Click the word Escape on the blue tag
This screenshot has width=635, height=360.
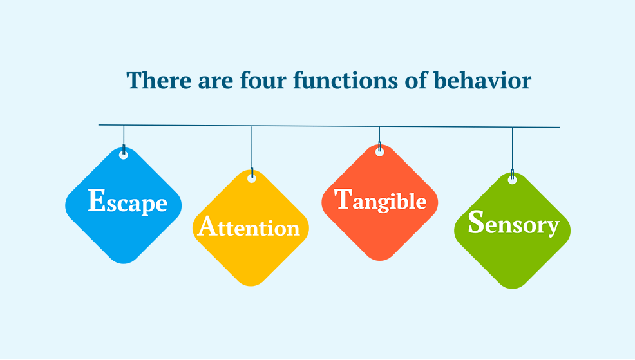pos(128,202)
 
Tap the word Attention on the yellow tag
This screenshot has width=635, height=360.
pos(249,227)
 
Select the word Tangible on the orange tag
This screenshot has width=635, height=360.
pos(381,200)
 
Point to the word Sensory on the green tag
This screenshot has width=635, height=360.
pos(513,224)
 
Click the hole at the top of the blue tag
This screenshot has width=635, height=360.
pos(124,155)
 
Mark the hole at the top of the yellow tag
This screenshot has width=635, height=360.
pos(252,178)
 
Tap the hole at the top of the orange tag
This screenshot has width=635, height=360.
pos(379,153)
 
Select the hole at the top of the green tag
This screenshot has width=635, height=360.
pos(512,180)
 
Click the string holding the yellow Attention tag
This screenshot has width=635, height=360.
pos(252,148)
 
